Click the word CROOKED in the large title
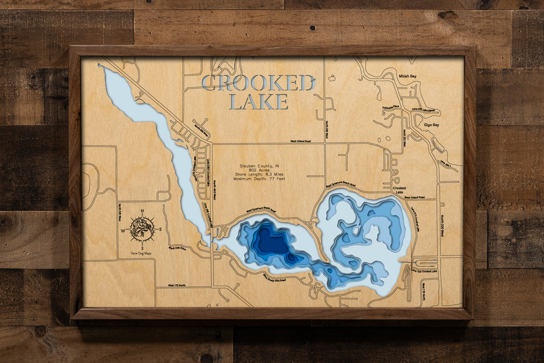pyautogui.click(x=258, y=83)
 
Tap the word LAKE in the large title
pyautogui.click(x=259, y=102)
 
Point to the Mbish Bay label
pyautogui.click(x=407, y=77)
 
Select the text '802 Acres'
pyautogui.click(x=259, y=170)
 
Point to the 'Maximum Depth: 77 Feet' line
pyautogui.click(x=259, y=179)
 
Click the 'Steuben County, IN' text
pyautogui.click(x=259, y=166)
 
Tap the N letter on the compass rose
pyautogui.click(x=142, y=211)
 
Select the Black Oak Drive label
pyautogui.click(x=177, y=248)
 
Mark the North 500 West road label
pyautogui.click(x=120, y=213)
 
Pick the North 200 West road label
pyautogui.click(x=442, y=226)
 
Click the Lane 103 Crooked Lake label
pyautogui.click(x=424, y=271)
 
